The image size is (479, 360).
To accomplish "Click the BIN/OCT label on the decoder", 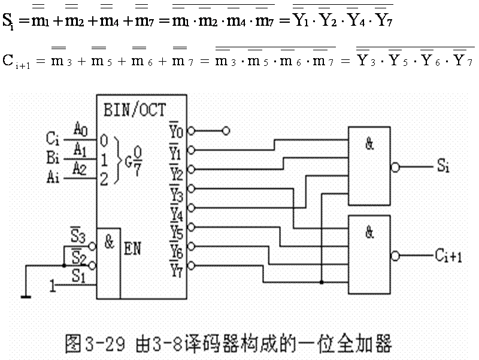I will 135,110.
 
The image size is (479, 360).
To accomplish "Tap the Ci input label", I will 52,139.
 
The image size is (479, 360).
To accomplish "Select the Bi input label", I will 52,159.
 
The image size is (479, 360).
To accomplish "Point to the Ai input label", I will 52,178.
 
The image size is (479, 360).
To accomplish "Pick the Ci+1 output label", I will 448,256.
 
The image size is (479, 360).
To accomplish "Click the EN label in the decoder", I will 132,247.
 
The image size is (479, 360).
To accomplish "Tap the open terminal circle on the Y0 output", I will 225,130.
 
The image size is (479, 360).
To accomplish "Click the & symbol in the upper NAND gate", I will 369,144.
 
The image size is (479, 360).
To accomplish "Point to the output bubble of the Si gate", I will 394,168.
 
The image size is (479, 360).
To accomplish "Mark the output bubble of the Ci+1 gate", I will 394,256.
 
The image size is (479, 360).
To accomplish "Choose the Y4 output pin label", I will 175,212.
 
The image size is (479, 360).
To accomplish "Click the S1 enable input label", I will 78,277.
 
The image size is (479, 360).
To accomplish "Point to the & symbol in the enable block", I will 109,241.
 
